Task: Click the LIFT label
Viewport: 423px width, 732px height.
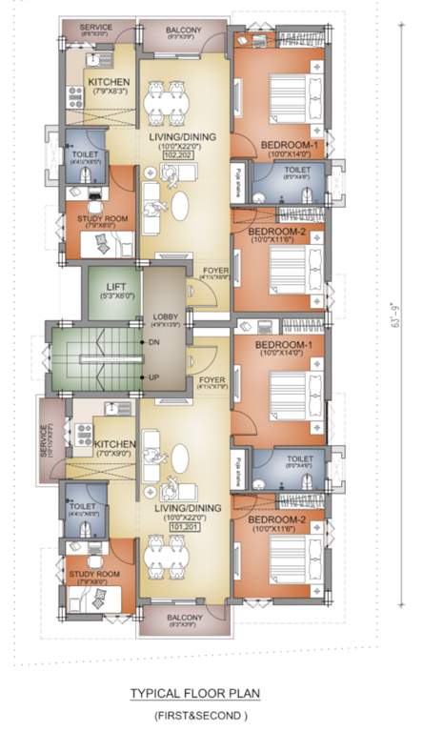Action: (x=113, y=286)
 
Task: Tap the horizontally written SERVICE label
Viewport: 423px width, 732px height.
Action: (x=95, y=28)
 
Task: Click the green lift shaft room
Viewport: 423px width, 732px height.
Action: (x=113, y=293)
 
